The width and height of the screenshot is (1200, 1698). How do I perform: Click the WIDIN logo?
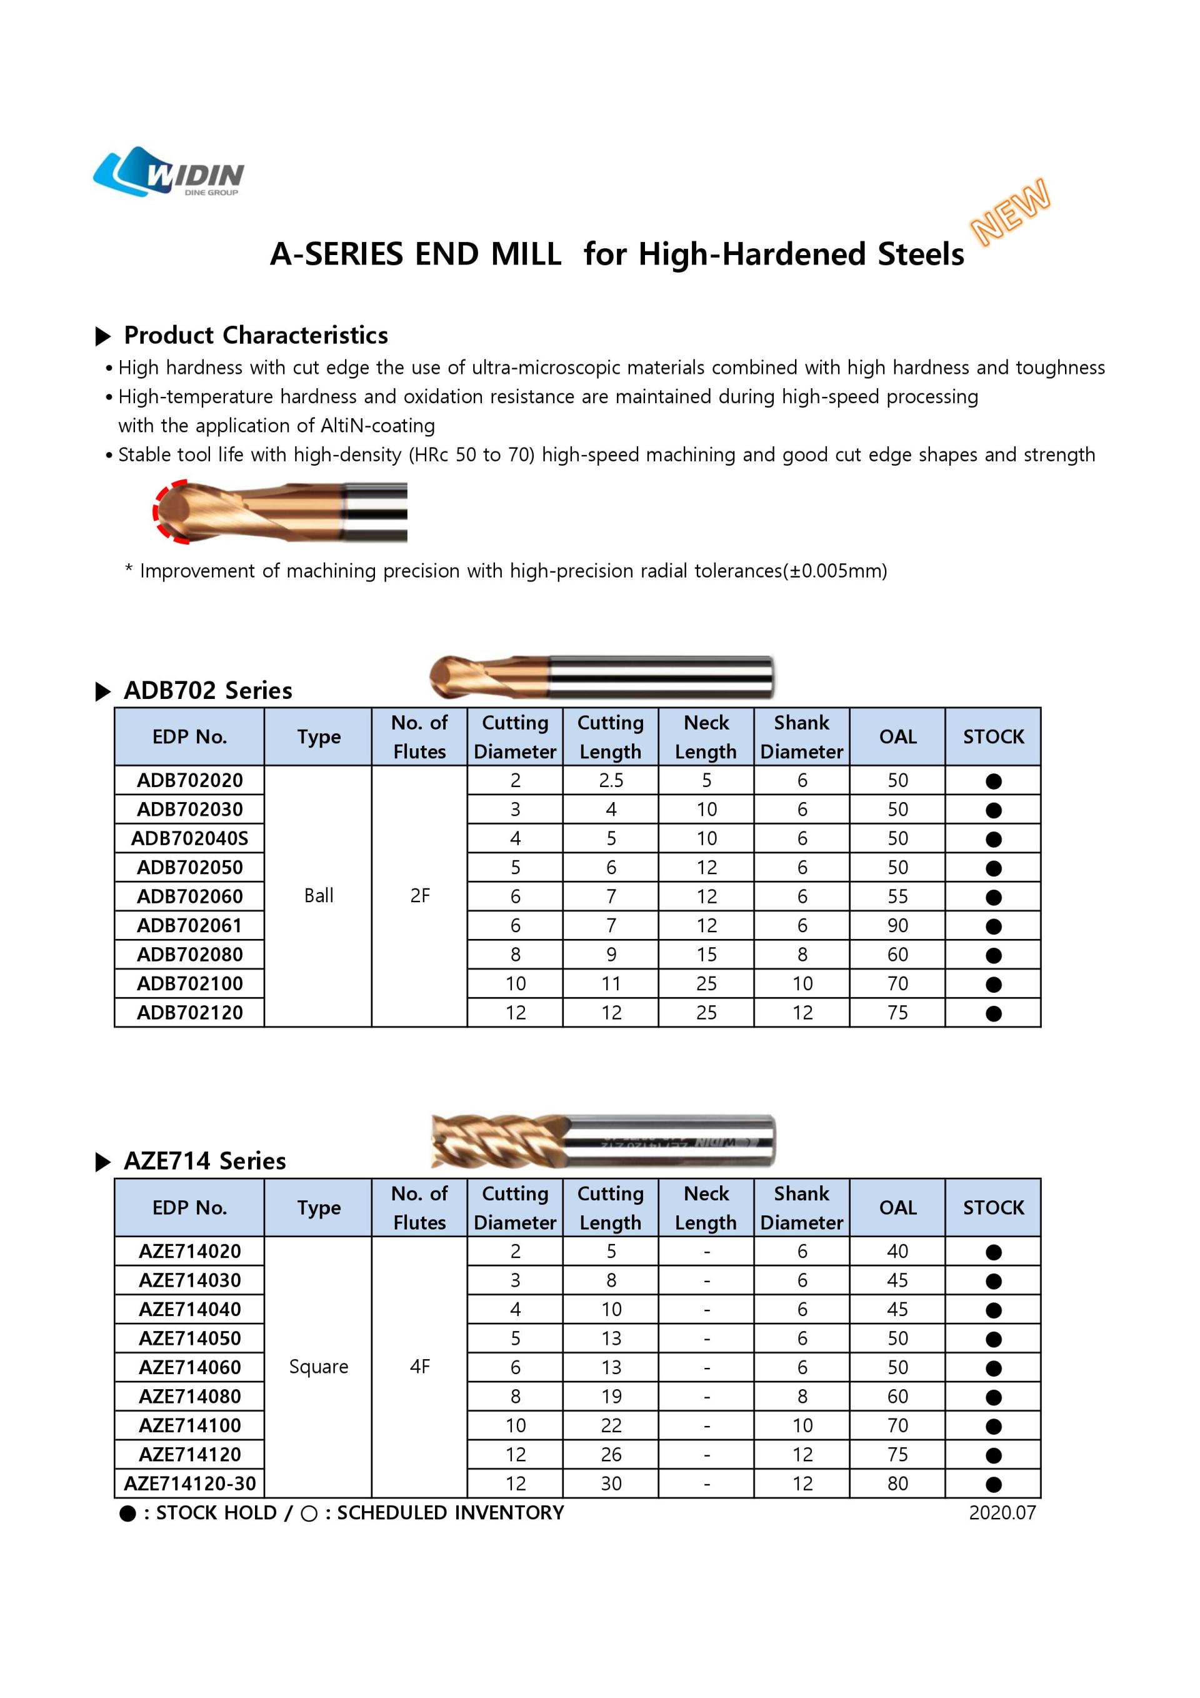coord(169,173)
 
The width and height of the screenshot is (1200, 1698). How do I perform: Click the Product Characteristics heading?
coord(255,335)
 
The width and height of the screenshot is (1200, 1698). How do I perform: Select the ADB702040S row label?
coord(189,838)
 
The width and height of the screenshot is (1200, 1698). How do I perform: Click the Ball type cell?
coord(319,896)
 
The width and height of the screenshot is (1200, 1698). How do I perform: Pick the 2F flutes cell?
coord(419,896)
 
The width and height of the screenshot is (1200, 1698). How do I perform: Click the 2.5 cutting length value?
coord(611,780)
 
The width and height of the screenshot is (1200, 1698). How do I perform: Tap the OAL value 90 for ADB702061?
coord(897,925)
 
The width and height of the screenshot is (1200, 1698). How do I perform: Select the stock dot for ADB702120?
coord(993,1013)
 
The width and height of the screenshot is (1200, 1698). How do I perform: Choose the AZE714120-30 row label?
coord(189,1484)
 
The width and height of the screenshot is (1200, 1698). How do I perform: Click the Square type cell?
coord(319,1367)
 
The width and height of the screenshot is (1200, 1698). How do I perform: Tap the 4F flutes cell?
coord(419,1367)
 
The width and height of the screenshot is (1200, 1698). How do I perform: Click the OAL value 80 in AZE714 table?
coord(897,1484)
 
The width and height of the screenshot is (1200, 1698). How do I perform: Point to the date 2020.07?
coord(1002,1512)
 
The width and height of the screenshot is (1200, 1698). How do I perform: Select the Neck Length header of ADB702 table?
coord(706,736)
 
